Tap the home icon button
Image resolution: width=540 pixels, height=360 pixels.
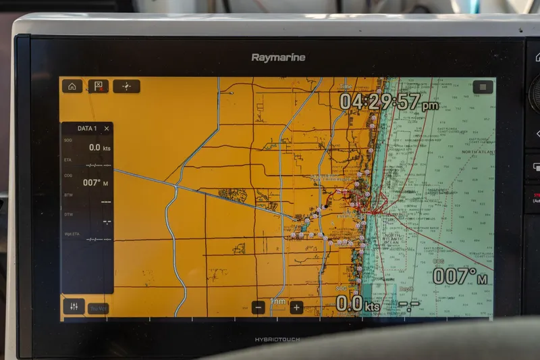coord(72,86)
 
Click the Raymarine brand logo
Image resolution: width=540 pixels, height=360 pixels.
coord(278,57)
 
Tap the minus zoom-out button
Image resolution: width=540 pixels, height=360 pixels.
coord(259,307)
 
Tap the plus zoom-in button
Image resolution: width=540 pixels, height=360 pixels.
coord(296,307)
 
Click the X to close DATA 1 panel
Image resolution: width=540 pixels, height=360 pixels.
coord(107,128)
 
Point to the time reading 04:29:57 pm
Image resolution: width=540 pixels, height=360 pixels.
coord(388,102)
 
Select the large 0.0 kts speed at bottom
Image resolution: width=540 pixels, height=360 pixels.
coord(358,304)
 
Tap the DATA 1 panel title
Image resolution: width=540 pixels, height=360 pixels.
coord(87,128)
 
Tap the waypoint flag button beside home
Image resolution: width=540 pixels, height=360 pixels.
coord(99,86)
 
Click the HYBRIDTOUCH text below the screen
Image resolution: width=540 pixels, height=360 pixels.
coord(277,339)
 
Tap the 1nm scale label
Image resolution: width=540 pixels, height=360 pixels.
coord(277,301)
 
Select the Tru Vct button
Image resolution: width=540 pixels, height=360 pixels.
coord(98,309)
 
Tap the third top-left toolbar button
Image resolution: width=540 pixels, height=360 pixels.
coord(126,86)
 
